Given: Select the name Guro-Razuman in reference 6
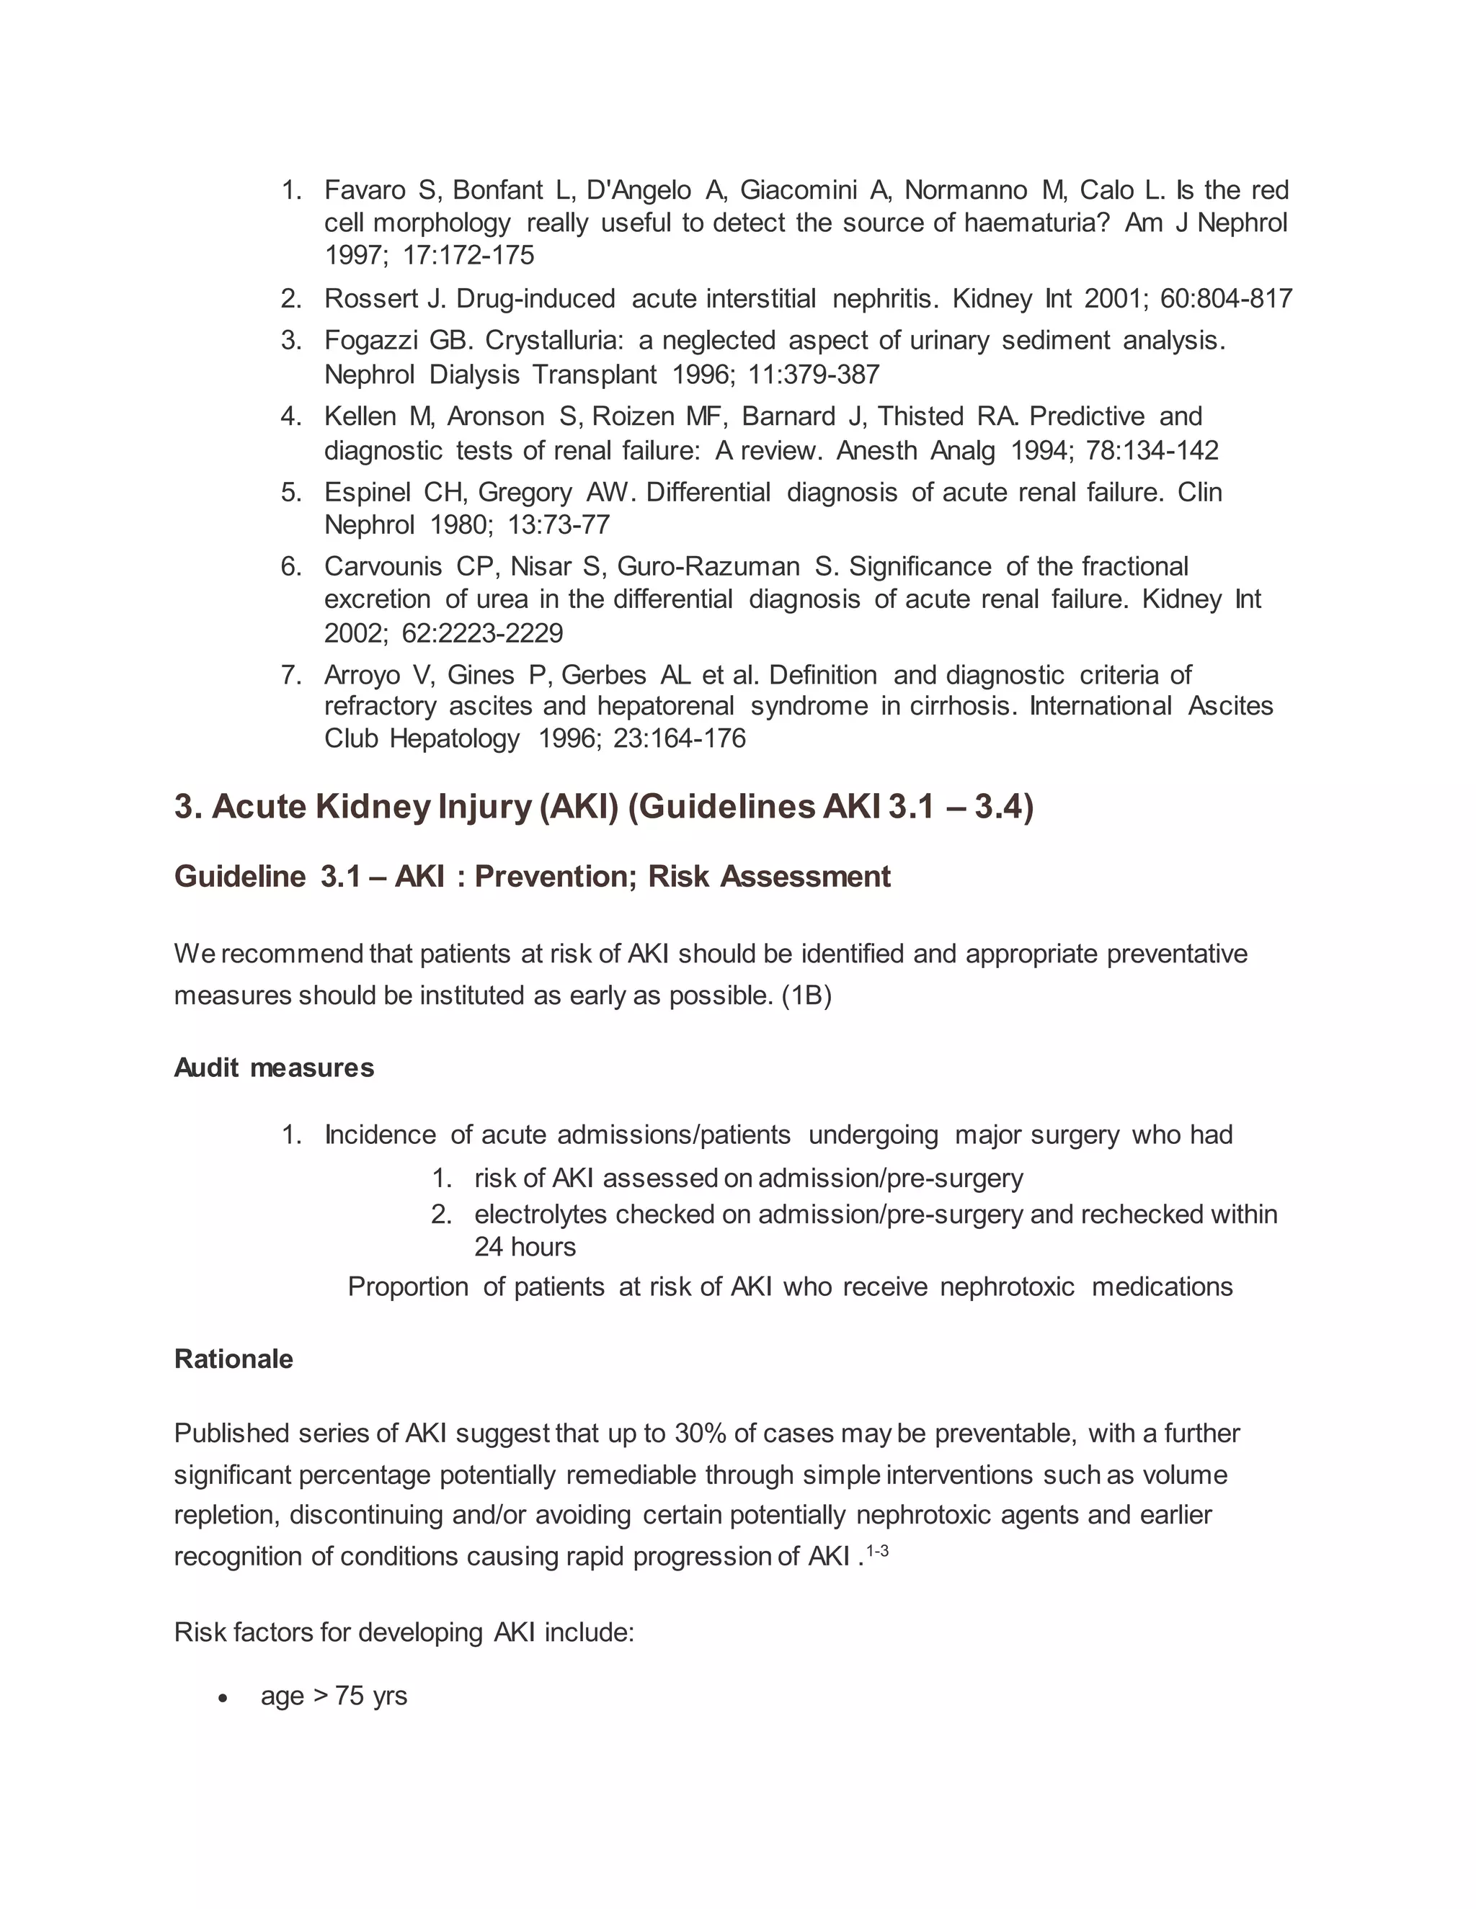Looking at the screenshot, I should pyautogui.click(x=708, y=567).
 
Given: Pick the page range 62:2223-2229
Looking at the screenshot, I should pyautogui.click(x=482, y=632).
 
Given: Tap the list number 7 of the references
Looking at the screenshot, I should pyautogui.click(x=290, y=675).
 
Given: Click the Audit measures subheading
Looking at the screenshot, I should pyautogui.click(x=274, y=1068).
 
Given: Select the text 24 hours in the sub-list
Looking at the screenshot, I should pyautogui.click(x=525, y=1247).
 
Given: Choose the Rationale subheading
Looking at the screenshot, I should pyautogui.click(x=234, y=1359).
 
